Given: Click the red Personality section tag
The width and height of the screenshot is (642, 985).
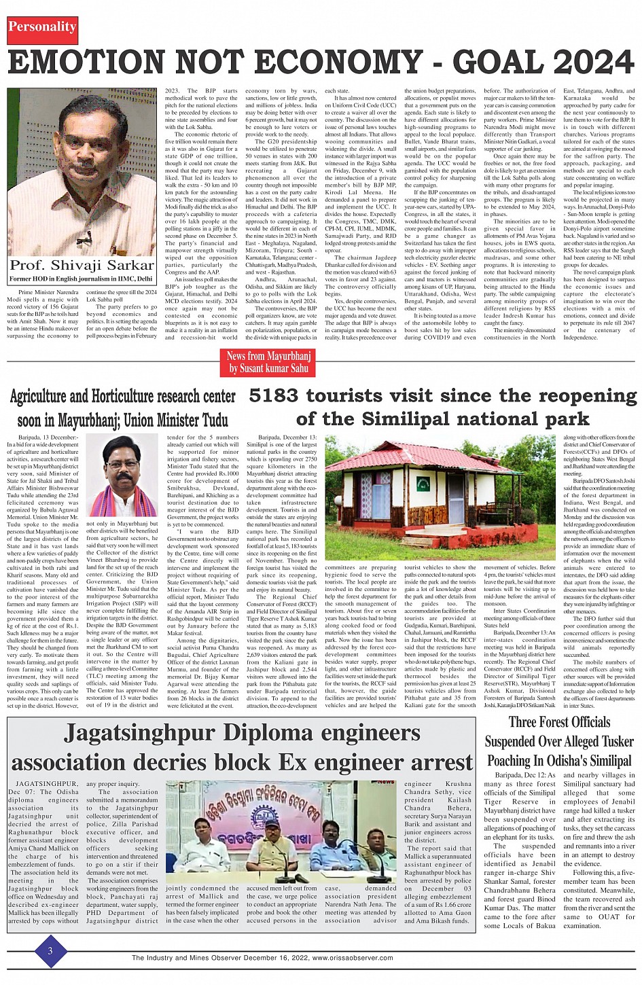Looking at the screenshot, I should [42, 27].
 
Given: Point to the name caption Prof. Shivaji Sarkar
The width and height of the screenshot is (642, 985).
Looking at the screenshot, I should [82, 265].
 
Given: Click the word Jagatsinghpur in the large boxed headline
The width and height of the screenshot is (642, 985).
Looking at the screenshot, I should [139, 734].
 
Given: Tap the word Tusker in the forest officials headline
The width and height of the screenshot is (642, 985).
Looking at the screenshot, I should [608, 741].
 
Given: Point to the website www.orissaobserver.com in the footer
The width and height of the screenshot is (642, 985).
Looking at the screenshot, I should [353, 958].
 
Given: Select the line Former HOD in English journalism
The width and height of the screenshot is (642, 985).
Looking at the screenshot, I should [81, 279].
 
